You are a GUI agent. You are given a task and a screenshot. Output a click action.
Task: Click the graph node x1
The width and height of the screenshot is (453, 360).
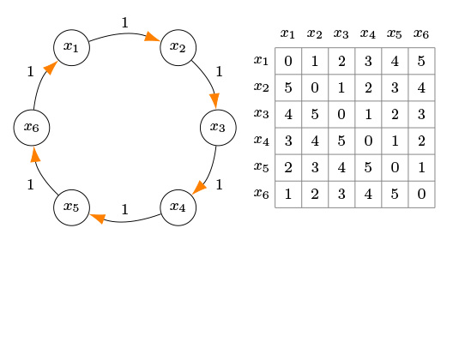point(71,48)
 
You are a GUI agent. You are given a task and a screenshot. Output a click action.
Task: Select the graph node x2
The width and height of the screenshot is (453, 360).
point(178,48)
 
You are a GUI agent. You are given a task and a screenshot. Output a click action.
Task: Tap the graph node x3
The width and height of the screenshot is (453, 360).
point(218,128)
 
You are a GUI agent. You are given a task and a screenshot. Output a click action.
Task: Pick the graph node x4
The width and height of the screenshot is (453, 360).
point(178,207)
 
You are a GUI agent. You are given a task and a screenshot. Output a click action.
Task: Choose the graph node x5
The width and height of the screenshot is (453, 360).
point(71,207)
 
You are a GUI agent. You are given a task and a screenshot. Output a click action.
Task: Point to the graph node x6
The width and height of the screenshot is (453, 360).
point(32,128)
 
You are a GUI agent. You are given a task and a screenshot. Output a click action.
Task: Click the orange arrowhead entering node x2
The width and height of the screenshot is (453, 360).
point(152,37)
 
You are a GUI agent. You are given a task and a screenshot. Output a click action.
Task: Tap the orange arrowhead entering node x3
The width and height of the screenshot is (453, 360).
point(214,101)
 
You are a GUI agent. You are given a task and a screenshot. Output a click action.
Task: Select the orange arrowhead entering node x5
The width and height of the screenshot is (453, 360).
point(98,219)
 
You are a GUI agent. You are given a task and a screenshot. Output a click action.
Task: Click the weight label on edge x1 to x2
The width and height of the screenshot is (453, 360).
point(124,22)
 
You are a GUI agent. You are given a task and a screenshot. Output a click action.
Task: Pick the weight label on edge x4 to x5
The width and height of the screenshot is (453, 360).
point(124,209)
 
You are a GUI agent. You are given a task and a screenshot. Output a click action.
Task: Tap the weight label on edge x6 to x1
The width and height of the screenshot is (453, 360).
point(30,71)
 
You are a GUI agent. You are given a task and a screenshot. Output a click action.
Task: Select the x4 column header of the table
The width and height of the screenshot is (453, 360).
point(368,33)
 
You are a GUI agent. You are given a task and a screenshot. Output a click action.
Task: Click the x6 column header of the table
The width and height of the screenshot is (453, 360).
point(421,33)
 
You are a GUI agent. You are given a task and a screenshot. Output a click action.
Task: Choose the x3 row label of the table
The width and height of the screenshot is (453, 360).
point(261,114)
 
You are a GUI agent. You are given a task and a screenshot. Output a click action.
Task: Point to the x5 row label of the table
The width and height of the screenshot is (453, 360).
point(261,167)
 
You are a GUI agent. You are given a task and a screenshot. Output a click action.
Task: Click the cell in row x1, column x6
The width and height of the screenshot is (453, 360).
point(421,61)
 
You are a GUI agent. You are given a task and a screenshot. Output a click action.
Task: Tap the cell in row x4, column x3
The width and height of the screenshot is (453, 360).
point(341,141)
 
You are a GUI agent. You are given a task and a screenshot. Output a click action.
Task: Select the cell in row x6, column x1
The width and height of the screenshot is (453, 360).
point(288,195)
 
